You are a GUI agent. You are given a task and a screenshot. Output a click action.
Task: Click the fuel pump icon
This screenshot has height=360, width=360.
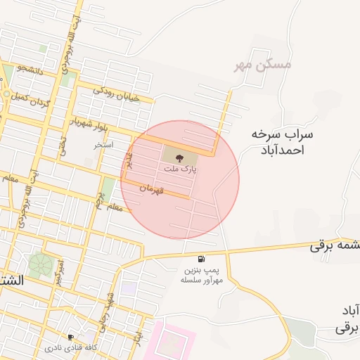[x=202, y=259]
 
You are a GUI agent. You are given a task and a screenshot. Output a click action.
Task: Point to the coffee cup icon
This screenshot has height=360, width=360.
[x=70, y=337]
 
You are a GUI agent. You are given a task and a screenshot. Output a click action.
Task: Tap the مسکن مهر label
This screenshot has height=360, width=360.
[x=262, y=65]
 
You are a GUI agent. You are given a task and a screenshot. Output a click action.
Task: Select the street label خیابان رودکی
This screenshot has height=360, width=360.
[x=117, y=93]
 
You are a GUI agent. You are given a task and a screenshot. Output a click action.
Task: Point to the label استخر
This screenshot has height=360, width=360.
[x=104, y=144]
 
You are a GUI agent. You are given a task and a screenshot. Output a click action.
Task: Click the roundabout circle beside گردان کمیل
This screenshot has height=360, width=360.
[x=6, y=94]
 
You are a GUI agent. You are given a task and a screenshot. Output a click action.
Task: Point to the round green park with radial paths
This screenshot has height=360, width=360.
[x=40, y=264]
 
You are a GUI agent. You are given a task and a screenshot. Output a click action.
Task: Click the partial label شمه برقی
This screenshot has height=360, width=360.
[x=335, y=246]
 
